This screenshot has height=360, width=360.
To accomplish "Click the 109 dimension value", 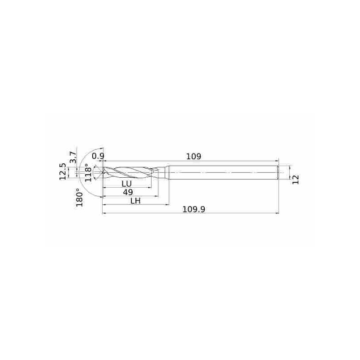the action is (x=193, y=156).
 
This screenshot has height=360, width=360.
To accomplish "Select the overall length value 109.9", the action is (x=193, y=209).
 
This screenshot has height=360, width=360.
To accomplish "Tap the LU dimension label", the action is (x=126, y=184).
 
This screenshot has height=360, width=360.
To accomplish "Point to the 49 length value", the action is (x=128, y=192).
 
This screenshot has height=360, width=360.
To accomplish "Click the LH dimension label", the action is (x=135, y=201).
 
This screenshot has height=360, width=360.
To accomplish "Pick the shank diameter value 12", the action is (x=296, y=179).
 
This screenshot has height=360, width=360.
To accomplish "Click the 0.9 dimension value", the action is (x=98, y=156).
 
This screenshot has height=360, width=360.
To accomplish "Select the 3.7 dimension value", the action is (x=73, y=157).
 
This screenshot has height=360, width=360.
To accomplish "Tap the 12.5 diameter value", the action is (x=63, y=171).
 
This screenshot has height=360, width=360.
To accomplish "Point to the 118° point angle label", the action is (x=88, y=172).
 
